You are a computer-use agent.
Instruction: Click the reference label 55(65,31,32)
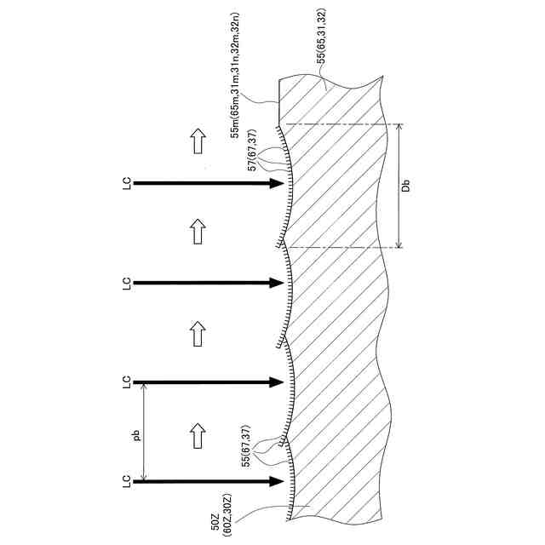click(322, 34)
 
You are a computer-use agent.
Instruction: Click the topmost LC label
click(126, 183)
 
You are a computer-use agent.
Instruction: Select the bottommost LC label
click(126, 481)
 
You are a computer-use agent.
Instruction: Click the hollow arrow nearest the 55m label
click(198, 141)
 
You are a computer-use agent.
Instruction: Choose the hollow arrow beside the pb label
click(198, 434)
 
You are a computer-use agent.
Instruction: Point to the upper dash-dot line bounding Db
click(341, 124)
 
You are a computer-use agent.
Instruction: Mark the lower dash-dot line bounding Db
click(341, 248)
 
